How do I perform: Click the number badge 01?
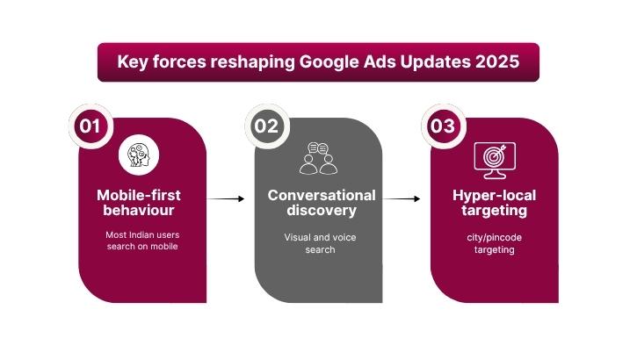90,126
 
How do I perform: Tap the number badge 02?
266,126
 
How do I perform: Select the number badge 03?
442,126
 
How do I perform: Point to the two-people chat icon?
317,158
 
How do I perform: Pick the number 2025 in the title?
496,62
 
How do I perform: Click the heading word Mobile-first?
139,195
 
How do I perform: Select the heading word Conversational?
322,195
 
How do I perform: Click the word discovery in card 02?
322,211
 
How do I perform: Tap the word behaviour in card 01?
139,211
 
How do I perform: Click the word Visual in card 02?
299,237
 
